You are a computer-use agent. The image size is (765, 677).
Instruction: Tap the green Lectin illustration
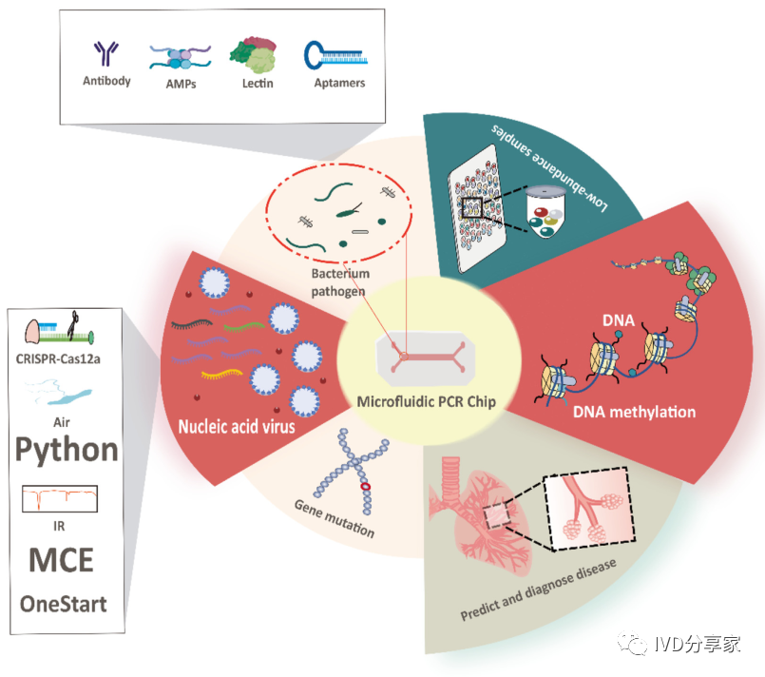point(256,54)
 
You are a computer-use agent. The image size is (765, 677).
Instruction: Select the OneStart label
point(64,604)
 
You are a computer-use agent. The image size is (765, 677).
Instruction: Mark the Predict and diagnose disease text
point(539,590)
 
